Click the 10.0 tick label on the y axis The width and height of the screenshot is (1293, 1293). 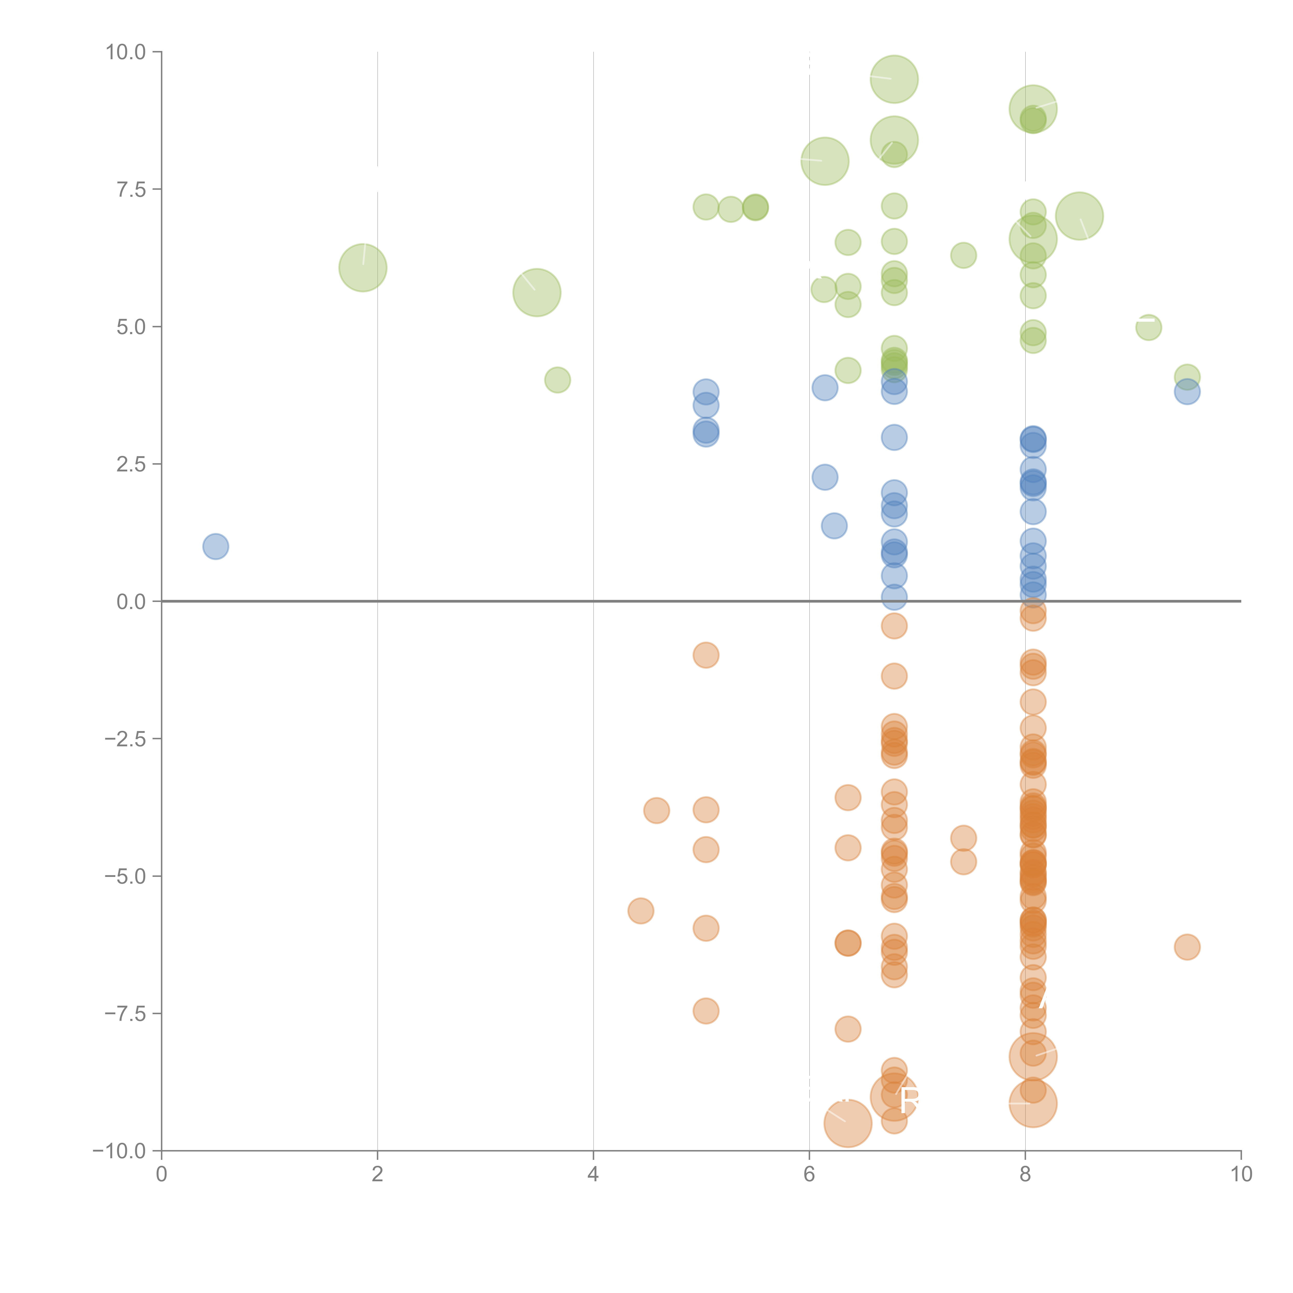click(126, 52)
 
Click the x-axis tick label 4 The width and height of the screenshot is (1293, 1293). click(593, 1175)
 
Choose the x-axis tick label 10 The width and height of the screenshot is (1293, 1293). click(1241, 1175)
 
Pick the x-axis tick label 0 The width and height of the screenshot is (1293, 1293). click(161, 1175)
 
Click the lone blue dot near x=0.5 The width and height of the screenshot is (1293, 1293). click(215, 547)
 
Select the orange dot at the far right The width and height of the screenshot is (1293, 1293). click(1187, 947)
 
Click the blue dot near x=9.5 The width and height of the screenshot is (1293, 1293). click(1187, 392)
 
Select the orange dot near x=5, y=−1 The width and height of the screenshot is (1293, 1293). click(705, 655)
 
